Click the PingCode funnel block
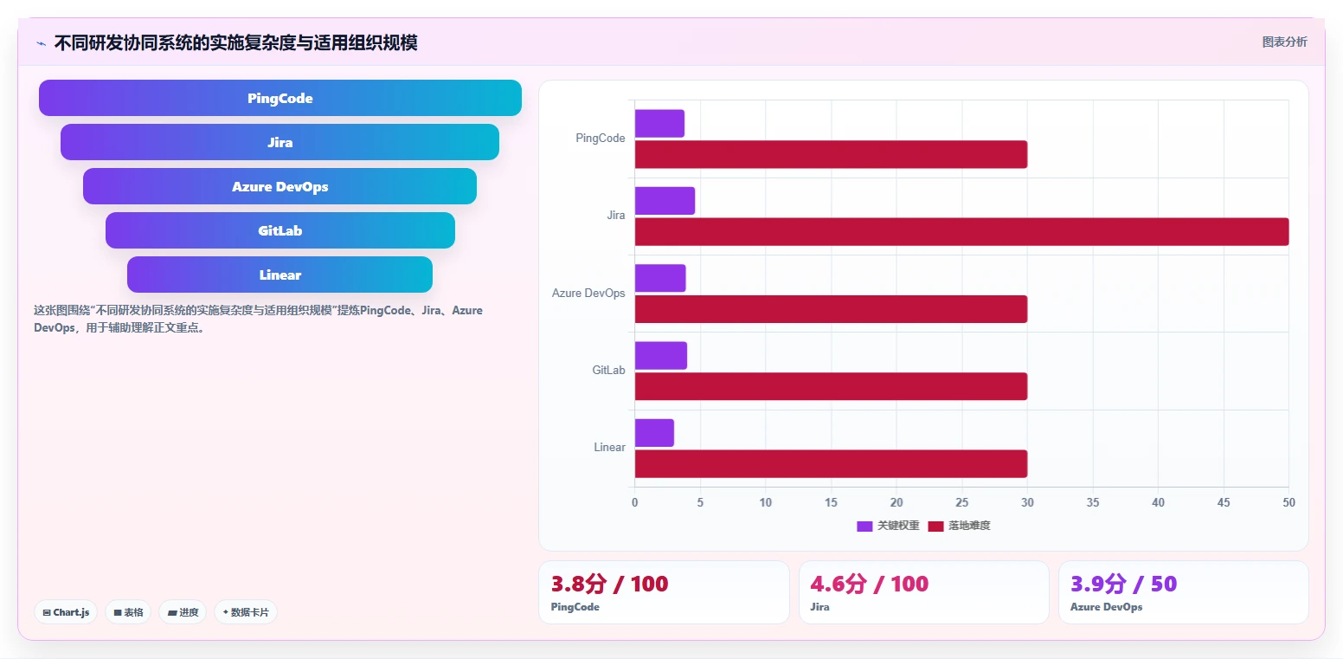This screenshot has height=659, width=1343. pyautogui.click(x=280, y=98)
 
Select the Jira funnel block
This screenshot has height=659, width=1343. pyautogui.click(x=280, y=142)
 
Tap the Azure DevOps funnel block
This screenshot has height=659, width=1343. pyautogui.click(x=280, y=186)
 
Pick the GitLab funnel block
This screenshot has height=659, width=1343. pyautogui.click(x=280, y=230)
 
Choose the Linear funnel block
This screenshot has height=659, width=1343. pyautogui.click(x=280, y=275)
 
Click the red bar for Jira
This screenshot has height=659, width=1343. pyautogui.click(x=961, y=232)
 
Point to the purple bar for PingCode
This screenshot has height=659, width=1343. pyautogui.click(x=659, y=124)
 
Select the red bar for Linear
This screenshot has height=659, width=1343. pyautogui.click(x=831, y=464)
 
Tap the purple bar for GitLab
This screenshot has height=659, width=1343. pyautogui.click(x=661, y=356)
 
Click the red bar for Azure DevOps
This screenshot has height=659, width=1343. pyautogui.click(x=831, y=309)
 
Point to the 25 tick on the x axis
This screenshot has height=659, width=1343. pyautogui.click(x=961, y=502)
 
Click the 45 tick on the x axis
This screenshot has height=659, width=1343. pyautogui.click(x=1224, y=502)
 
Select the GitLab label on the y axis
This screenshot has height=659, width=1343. pyautogui.click(x=608, y=371)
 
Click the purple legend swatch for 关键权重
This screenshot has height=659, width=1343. pyautogui.click(x=864, y=527)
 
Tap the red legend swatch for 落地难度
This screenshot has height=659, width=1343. pyautogui.click(x=936, y=527)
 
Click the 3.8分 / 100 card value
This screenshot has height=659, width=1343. pyautogui.click(x=609, y=584)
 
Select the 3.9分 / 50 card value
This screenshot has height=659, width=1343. pyautogui.click(x=1123, y=584)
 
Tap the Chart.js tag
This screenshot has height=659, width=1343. pyautogui.click(x=66, y=612)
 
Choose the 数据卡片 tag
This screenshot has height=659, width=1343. pyautogui.click(x=246, y=612)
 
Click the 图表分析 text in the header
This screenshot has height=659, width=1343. pyautogui.click(x=1284, y=42)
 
